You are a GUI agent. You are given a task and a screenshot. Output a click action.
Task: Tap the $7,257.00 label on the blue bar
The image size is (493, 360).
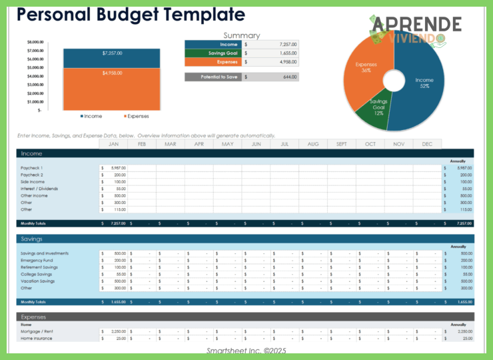[112, 53]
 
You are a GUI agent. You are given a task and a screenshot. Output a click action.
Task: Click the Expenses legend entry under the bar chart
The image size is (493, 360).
[135, 116]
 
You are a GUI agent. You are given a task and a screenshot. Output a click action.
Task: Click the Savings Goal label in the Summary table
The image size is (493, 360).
[223, 53]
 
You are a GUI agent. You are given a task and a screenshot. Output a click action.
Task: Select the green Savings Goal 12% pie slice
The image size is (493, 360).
[377, 109]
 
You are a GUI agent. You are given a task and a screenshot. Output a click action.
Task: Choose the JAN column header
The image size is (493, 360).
[113, 144]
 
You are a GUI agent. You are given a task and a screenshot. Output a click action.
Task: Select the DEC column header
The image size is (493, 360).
[427, 144]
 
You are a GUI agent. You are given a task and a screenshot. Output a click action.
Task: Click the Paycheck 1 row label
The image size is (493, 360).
[32, 168]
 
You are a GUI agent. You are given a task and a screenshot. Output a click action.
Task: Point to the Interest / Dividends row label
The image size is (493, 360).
[39, 189]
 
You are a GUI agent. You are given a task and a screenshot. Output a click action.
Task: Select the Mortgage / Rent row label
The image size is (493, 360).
[37, 331]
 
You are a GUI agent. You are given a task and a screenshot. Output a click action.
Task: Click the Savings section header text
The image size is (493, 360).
[31, 239]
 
